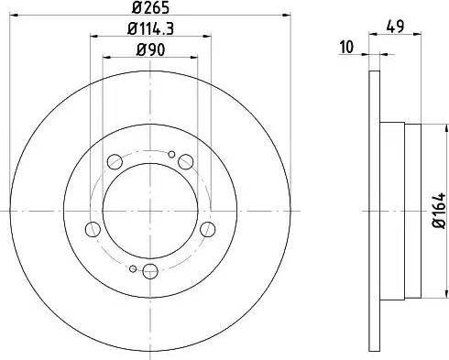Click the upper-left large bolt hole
(115, 162)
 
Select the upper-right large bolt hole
(185, 162)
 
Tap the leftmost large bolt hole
(92, 229)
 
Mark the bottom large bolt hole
(149, 270)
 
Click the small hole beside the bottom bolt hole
(133, 268)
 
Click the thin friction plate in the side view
(373, 210)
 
